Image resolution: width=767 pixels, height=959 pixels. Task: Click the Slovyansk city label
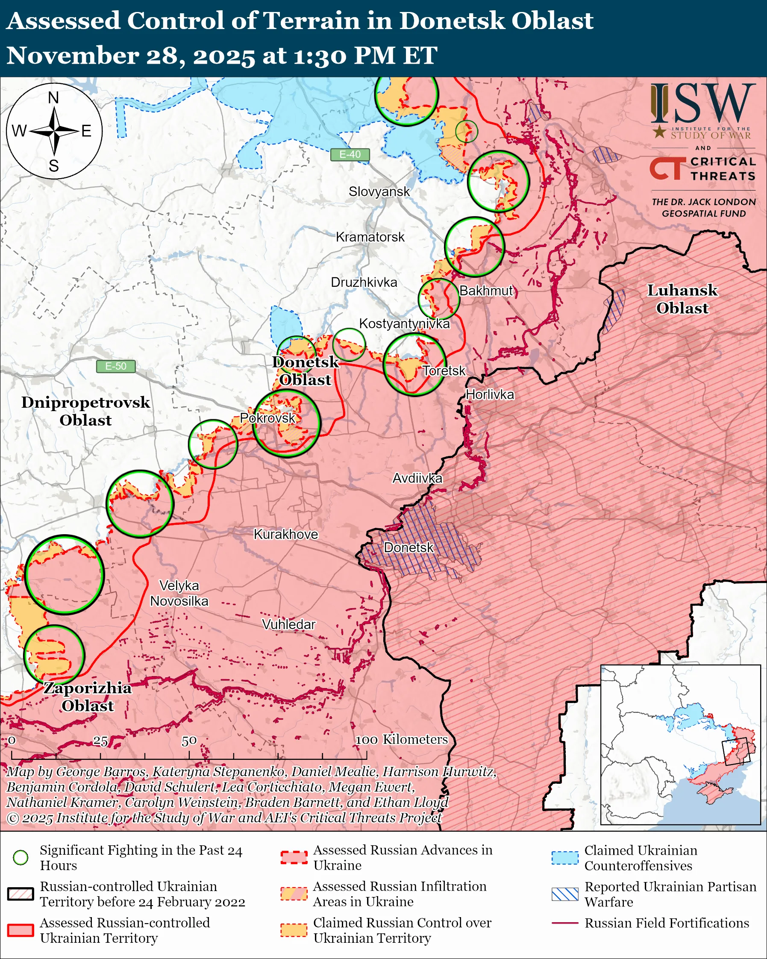pos(379,192)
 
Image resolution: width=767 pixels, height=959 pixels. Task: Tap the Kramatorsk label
pos(370,237)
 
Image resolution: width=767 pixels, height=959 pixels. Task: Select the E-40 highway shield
pos(350,154)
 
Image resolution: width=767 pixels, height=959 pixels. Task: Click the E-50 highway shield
pos(116,366)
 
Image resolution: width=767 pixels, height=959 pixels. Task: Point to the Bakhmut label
pos(486,291)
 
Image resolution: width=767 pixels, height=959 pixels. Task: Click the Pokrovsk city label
pos(267,418)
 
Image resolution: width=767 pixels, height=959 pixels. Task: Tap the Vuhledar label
pos(288,624)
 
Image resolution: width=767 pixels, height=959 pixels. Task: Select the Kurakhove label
pos(286,534)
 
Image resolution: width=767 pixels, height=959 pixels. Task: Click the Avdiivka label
pos(417,478)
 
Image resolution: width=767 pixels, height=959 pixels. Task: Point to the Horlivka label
pos(490,394)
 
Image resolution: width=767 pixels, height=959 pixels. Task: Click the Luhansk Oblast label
pos(682,299)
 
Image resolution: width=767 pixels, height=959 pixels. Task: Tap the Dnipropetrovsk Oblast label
pos(86,411)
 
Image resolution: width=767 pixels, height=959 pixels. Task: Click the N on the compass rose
pos(53,98)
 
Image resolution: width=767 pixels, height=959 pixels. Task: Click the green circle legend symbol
pos(21,858)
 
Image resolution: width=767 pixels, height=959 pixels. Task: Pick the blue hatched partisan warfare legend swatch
pos(565,894)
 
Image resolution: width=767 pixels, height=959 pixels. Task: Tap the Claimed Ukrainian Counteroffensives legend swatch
pos(565,858)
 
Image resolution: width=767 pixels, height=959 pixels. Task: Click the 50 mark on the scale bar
pos(189,741)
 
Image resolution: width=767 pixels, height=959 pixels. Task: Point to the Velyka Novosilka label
pos(179,593)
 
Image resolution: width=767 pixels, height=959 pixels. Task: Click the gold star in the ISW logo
pos(659,132)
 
